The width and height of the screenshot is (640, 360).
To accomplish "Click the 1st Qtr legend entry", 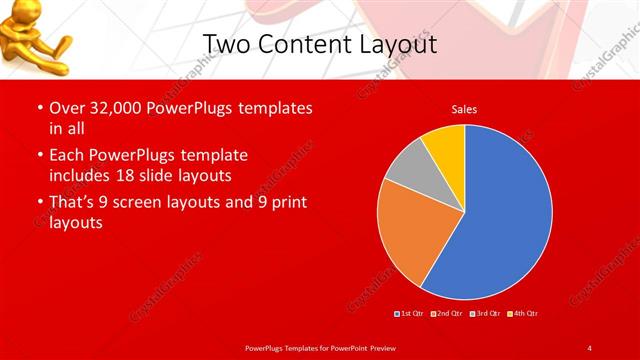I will pyautogui.click(x=409, y=313).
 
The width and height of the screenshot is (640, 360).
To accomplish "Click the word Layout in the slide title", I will pyautogui.click(x=401, y=45).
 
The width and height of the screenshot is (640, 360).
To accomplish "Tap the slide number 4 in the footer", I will pyautogui.click(x=589, y=347).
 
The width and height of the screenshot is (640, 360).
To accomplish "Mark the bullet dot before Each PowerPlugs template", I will pyautogui.click(x=40, y=156).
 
